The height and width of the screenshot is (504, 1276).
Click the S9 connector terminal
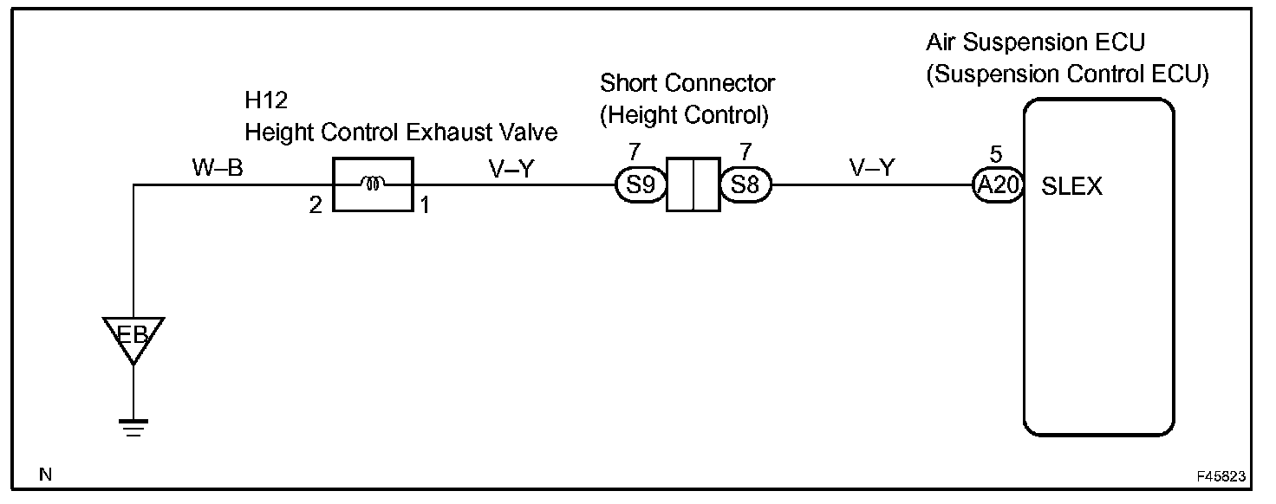point(640,184)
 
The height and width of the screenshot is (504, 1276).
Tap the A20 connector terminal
point(995,184)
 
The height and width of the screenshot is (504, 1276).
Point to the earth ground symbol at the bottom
point(133,427)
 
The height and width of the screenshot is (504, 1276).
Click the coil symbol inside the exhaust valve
point(373,184)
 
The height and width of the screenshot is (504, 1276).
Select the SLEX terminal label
point(1071,186)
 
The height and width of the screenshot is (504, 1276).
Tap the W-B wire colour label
point(218,168)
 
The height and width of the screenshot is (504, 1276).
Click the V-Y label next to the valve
point(511,168)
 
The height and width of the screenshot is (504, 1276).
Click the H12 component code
point(265,102)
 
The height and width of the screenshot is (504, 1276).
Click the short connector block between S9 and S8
point(693,184)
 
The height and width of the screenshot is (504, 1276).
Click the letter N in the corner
point(45,475)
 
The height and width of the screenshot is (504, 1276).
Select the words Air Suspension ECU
point(1036,42)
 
